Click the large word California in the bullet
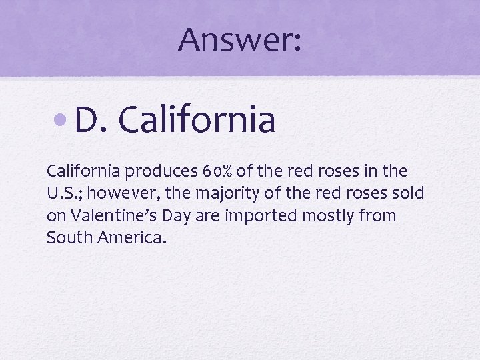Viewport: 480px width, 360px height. click(x=197, y=120)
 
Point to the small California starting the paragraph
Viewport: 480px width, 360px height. click(x=83, y=171)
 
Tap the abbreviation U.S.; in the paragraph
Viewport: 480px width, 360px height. click(x=65, y=193)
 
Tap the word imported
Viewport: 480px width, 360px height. click(x=269, y=216)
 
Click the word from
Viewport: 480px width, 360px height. click(x=379, y=216)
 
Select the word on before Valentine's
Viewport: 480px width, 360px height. click(x=55, y=216)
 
